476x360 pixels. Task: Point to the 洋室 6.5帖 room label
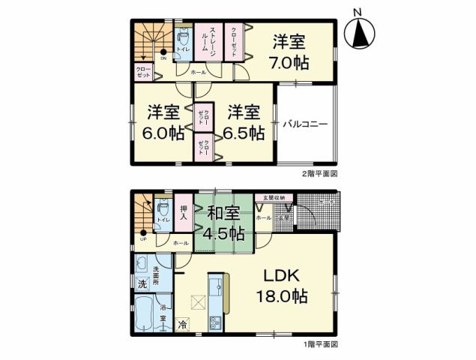[244, 122]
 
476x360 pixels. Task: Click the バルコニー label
[305, 124]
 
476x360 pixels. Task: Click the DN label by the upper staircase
[164, 59]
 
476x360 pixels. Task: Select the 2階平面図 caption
[321, 173]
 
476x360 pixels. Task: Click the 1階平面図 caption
[321, 344]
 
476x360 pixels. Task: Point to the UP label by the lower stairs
[142, 240]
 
